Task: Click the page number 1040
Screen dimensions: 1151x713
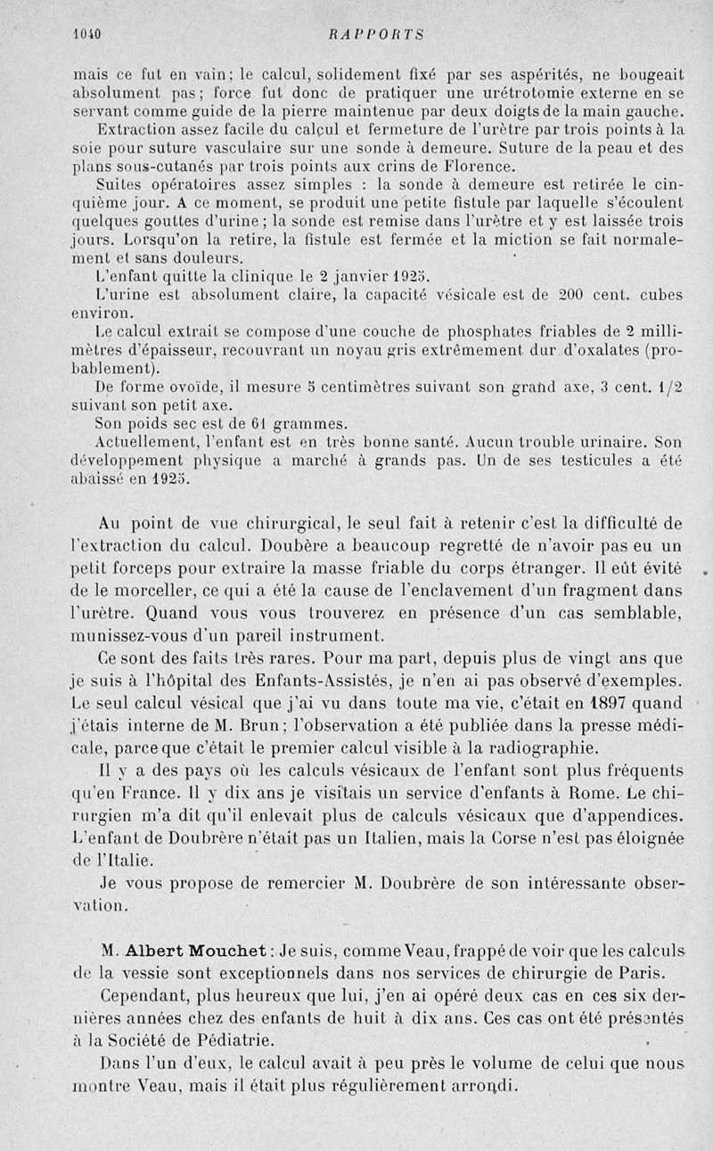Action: (87, 35)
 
